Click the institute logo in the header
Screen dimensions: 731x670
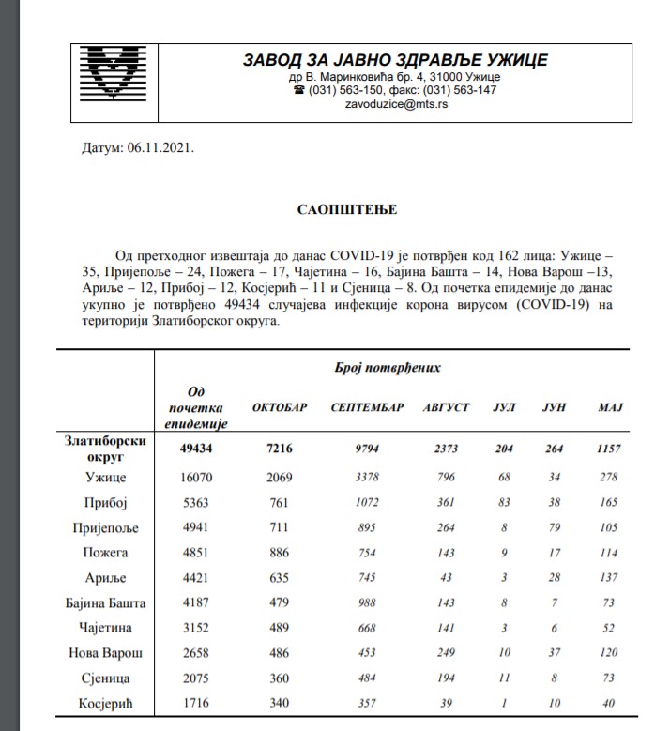118,74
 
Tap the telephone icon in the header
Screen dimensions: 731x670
298,90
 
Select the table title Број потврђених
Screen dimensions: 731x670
388,368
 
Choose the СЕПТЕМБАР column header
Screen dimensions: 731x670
368,407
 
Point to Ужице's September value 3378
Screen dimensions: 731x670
368,477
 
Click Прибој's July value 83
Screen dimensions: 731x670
505,502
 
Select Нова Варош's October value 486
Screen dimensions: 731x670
280,652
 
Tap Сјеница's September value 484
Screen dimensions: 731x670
368,678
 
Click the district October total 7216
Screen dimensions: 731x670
280,449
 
